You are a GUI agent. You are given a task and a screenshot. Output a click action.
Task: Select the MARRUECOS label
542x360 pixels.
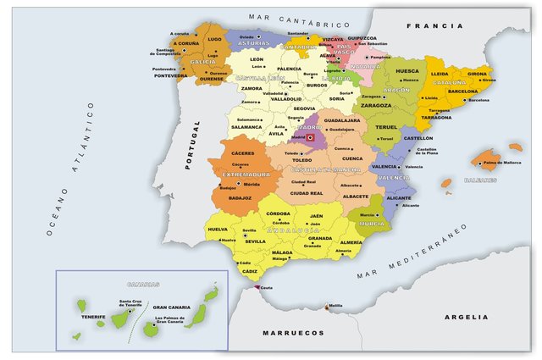(287, 334)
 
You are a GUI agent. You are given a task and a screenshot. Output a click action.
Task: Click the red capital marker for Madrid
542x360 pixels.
(310, 136)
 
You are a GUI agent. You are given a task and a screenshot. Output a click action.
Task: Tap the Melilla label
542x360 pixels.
(336, 306)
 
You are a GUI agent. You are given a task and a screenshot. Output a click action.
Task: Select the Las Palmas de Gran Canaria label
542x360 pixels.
(169, 320)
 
